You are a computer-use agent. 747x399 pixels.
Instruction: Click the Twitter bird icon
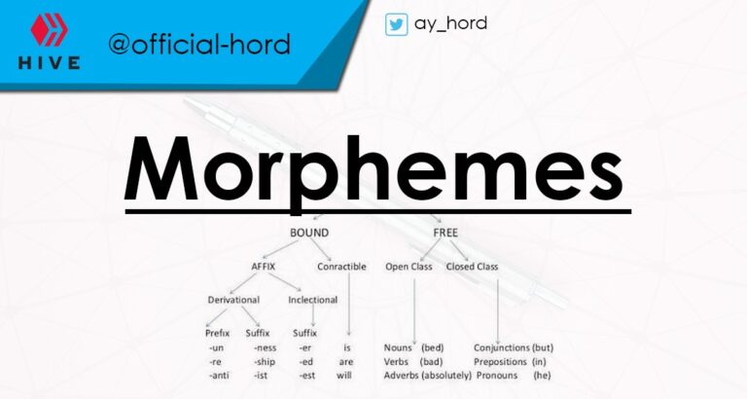[396, 24]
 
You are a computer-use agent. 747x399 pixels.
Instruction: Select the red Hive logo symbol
[48, 34]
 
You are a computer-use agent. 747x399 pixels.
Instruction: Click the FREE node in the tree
[447, 234]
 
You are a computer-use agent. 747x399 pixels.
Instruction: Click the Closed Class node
[472, 266]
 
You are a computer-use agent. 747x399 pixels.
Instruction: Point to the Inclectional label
[313, 300]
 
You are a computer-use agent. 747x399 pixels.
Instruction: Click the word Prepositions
[501, 361]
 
